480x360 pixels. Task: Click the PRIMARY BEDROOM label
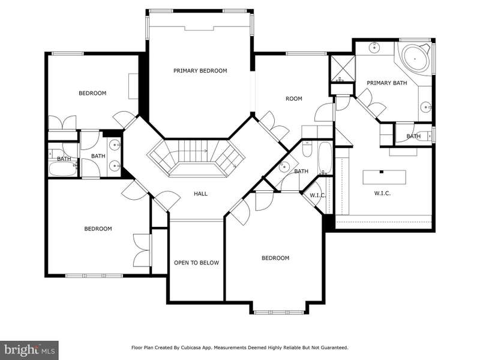200,71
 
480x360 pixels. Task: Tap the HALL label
200,193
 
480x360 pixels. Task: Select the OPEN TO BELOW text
197,263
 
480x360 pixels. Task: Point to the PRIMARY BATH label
387,83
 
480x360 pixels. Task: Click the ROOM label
294,98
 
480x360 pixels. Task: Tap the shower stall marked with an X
343,68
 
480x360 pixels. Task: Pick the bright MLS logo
29,349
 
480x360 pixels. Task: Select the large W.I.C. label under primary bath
382,193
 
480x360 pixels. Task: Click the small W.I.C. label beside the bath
318,196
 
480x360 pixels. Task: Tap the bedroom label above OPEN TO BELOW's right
275,258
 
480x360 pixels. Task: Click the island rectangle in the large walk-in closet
385,177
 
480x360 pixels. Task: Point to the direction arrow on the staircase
205,151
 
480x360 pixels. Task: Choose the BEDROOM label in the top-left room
92,93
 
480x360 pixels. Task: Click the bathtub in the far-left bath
63,169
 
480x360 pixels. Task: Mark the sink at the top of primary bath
374,47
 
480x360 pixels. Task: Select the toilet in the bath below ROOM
307,149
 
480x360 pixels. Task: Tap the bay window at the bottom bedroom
278,312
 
